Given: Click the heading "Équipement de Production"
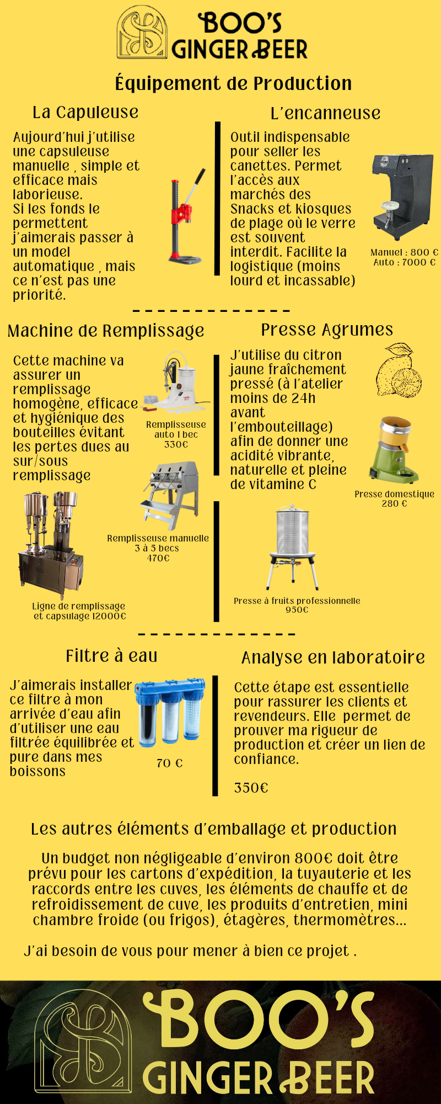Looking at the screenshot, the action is coord(233,83).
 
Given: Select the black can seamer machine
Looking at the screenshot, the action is coord(402,197).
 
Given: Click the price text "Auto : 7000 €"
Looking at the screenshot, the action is coord(405,262).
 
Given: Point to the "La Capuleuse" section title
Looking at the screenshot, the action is coord(85,112).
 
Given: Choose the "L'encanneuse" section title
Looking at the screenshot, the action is coord(325,113).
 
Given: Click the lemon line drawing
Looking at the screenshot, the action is coord(399,369).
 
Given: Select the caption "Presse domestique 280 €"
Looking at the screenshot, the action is coord(394,498).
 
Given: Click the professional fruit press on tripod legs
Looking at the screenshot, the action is coord(293,546).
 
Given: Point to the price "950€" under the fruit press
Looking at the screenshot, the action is coord(297,610).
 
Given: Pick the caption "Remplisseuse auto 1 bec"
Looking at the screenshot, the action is coord(176,429).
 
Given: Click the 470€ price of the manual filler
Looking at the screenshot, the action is coord(158,558).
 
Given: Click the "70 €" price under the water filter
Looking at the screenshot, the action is coord(169,763).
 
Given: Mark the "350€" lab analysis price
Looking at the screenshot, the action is coord(251,788).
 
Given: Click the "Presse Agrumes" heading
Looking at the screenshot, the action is coord(327,330).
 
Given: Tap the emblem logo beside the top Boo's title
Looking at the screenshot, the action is coord(142,33).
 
